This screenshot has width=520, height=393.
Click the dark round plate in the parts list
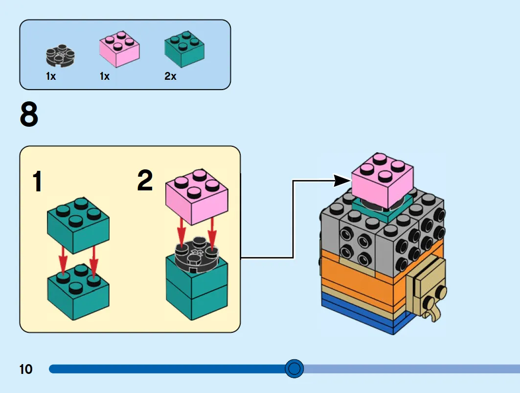pyautogui.click(x=60, y=55)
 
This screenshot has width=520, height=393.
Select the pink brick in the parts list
pyautogui.click(x=119, y=48)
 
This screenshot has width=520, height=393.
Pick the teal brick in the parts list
pyautogui.click(x=184, y=49)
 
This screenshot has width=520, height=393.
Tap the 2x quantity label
pyautogui.click(x=170, y=76)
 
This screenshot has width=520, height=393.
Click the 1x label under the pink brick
pyautogui.click(x=105, y=76)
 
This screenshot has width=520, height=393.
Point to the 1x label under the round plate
pyautogui.click(x=51, y=76)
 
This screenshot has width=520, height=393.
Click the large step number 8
pyautogui.click(x=29, y=115)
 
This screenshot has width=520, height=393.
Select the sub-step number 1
pyautogui.click(x=38, y=182)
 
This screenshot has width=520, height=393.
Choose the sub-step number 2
pyautogui.click(x=145, y=180)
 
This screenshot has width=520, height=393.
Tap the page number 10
pyautogui.click(x=26, y=369)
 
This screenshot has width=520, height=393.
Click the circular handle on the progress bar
pyautogui.click(x=294, y=369)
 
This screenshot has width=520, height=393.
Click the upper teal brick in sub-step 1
pyautogui.click(x=78, y=226)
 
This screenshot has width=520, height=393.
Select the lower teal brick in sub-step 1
pyautogui.click(x=78, y=292)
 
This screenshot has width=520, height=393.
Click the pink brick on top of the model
pyautogui.click(x=383, y=181)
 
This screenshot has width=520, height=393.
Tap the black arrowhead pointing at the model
pyautogui.click(x=342, y=181)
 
